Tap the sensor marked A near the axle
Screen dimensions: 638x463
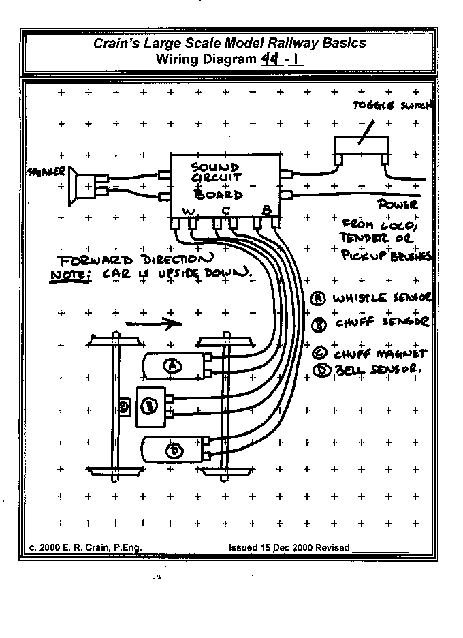173,366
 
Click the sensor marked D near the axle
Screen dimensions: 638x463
174,450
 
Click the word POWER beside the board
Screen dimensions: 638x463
397,204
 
